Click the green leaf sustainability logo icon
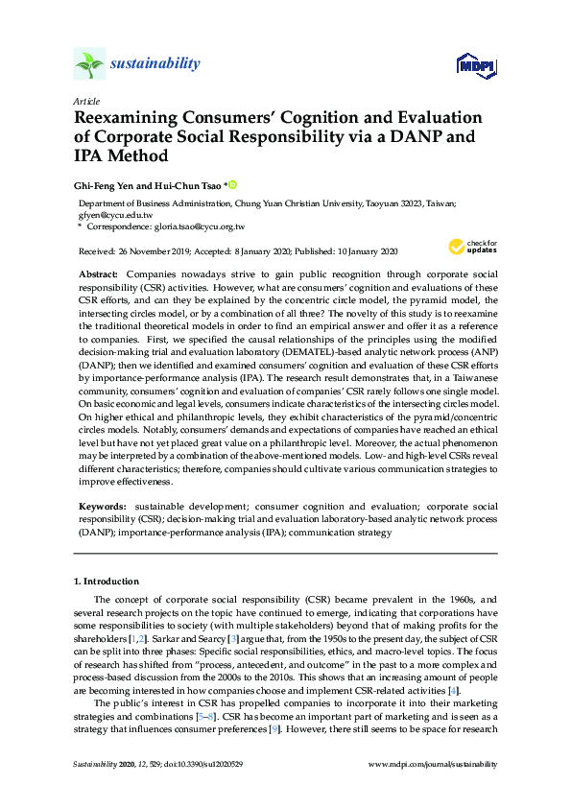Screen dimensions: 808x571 [x=90, y=64]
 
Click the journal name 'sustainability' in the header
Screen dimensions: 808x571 [x=155, y=64]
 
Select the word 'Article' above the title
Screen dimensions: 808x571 [x=85, y=101]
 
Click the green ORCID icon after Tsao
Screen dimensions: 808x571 [x=231, y=184]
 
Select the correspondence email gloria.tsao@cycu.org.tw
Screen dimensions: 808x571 [x=197, y=226]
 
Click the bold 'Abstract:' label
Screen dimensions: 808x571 [x=98, y=274]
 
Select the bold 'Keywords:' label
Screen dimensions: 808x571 [x=101, y=505]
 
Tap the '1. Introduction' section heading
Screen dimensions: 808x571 [x=107, y=582]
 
